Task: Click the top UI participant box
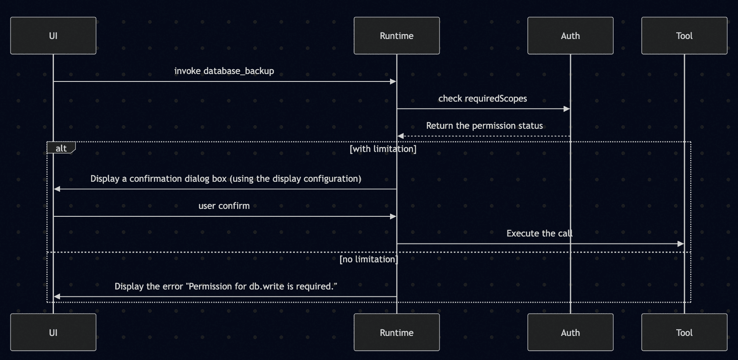pyautogui.click(x=53, y=35)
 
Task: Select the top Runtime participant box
pyautogui.click(x=397, y=35)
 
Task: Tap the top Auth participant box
pyautogui.click(x=570, y=35)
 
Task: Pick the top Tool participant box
pyautogui.click(x=684, y=35)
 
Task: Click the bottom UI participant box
pyautogui.click(x=53, y=332)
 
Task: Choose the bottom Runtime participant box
pyautogui.click(x=397, y=332)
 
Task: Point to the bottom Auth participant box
pyautogui.click(x=570, y=332)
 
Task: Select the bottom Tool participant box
pyautogui.click(x=684, y=332)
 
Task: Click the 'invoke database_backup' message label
pyautogui.click(x=224, y=71)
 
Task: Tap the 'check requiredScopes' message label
pyautogui.click(x=483, y=99)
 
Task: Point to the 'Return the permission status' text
pyautogui.click(x=484, y=126)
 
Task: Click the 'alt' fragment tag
pyautogui.click(x=61, y=148)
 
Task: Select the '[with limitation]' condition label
pyautogui.click(x=383, y=149)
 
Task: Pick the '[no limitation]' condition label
pyautogui.click(x=369, y=259)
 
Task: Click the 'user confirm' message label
pyautogui.click(x=224, y=206)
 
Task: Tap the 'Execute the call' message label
pyautogui.click(x=539, y=233)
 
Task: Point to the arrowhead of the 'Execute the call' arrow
pyautogui.click(x=681, y=244)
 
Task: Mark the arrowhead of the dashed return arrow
pyautogui.click(x=400, y=136)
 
